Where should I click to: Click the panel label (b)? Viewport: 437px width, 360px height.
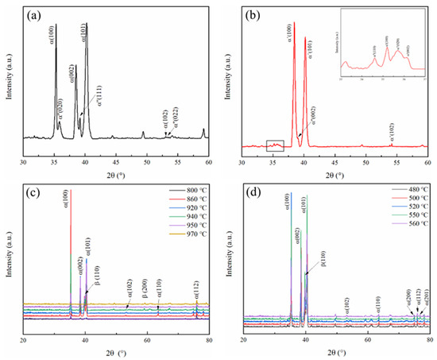[253, 16]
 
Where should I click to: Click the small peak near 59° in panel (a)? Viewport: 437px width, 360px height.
[203, 132]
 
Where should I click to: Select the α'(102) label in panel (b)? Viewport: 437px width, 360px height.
[391, 130]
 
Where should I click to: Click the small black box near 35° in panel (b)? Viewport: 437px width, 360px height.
[274, 145]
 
